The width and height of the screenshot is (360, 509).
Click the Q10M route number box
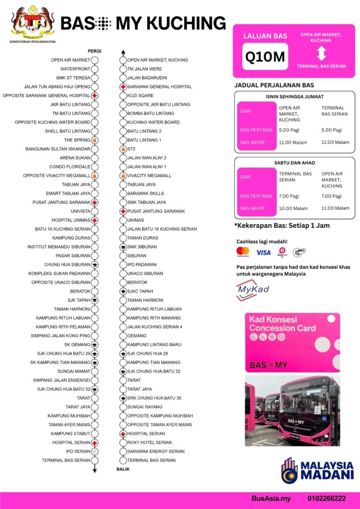pyautogui.click(x=265, y=57)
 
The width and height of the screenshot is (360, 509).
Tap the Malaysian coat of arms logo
pyautogui.click(x=33, y=22)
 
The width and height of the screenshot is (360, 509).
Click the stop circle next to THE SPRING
pyautogui.click(x=95, y=140)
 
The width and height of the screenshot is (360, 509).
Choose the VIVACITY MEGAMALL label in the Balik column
pyautogui.click(x=149, y=176)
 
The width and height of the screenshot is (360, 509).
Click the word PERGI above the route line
pyautogui.click(x=94, y=51)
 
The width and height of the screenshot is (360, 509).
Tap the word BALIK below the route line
pyautogui.click(x=123, y=469)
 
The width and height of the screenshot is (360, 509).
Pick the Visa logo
pyautogui.click(x=263, y=253)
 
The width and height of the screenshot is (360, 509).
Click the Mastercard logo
pyautogui.click(x=243, y=252)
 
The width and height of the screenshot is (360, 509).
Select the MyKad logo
pyautogui.click(x=253, y=289)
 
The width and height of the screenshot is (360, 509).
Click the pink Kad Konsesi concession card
pyautogui.click(x=292, y=343)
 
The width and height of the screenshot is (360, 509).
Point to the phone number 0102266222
pyautogui.click(x=327, y=499)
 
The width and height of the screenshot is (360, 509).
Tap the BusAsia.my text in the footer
pyautogui.click(x=271, y=499)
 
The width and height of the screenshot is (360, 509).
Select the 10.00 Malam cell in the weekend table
pyautogui.click(x=293, y=208)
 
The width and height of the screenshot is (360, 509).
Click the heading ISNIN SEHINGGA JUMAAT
pyautogui.click(x=294, y=97)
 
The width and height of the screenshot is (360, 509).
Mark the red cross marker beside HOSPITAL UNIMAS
pyautogui.click(x=95, y=220)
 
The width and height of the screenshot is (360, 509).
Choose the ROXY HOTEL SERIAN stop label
pyautogui.click(x=149, y=442)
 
